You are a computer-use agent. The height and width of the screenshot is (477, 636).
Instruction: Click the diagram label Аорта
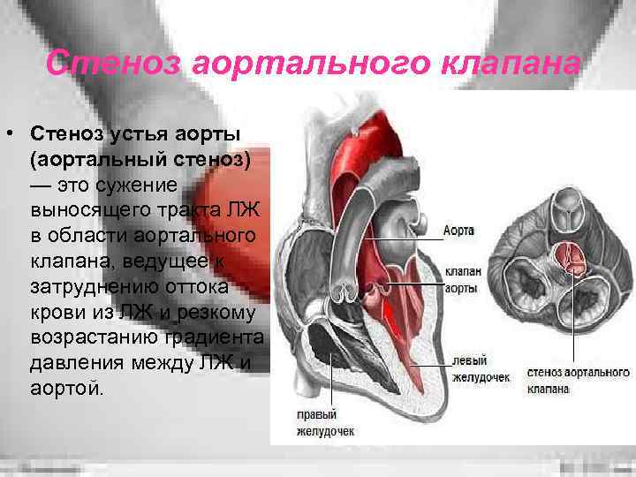click(x=459, y=231)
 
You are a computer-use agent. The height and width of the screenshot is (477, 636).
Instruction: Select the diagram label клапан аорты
click(x=462, y=281)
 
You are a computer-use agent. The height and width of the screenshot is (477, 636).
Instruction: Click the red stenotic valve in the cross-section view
click(x=568, y=256)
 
